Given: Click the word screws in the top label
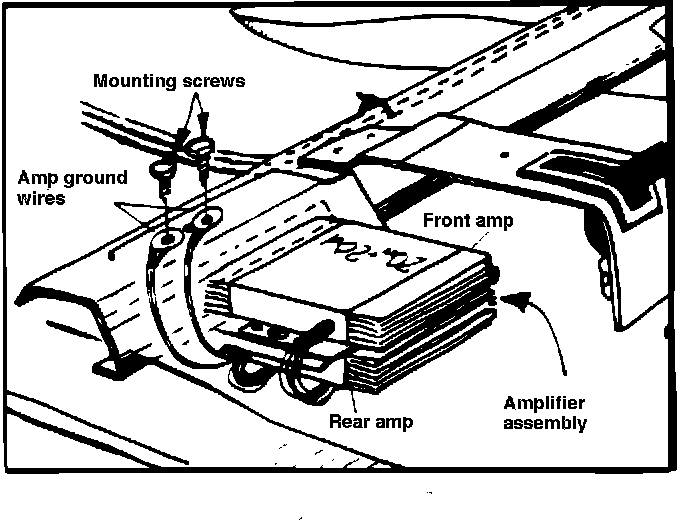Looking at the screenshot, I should click(x=209, y=80).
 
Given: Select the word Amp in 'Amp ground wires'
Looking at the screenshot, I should click(x=37, y=178).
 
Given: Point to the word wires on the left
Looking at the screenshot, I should click(x=42, y=200).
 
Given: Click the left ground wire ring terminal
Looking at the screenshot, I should click(x=166, y=237).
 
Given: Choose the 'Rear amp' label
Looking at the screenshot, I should click(x=371, y=421).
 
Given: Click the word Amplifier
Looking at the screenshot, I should click(x=544, y=403).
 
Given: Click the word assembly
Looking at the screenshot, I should click(x=546, y=422).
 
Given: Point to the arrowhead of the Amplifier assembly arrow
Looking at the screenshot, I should click(x=513, y=297).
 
